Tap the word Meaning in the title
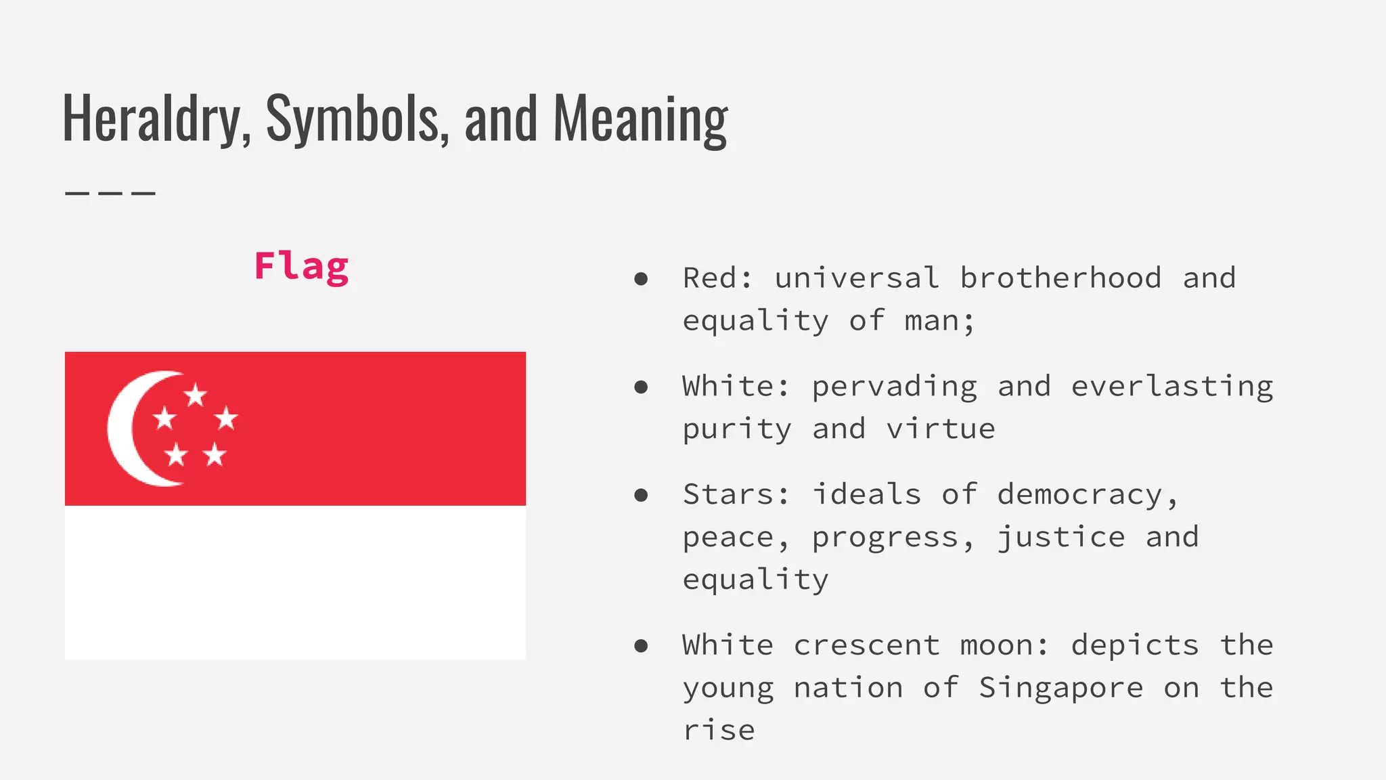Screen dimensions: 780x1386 click(x=640, y=118)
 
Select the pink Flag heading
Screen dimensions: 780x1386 click(x=301, y=266)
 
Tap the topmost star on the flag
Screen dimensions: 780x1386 click(x=196, y=395)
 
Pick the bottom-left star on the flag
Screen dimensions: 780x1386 click(x=176, y=454)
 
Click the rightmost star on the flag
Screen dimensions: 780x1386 click(x=227, y=418)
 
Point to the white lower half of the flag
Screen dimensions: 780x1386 click(x=295, y=582)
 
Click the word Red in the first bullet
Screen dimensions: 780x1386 click(x=711, y=278)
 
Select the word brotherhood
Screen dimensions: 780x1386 click(x=1060, y=278)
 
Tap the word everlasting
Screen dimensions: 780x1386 click(x=1171, y=387)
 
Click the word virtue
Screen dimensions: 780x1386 click(x=941, y=429)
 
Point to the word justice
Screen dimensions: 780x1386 click(x=1060, y=538)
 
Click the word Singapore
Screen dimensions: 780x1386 click(x=1060, y=688)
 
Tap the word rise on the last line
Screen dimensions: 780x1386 click(x=719, y=731)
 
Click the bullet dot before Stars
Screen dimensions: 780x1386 click(x=641, y=496)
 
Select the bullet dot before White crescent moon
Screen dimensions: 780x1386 click(x=641, y=646)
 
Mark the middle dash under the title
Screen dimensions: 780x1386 click(x=110, y=194)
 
